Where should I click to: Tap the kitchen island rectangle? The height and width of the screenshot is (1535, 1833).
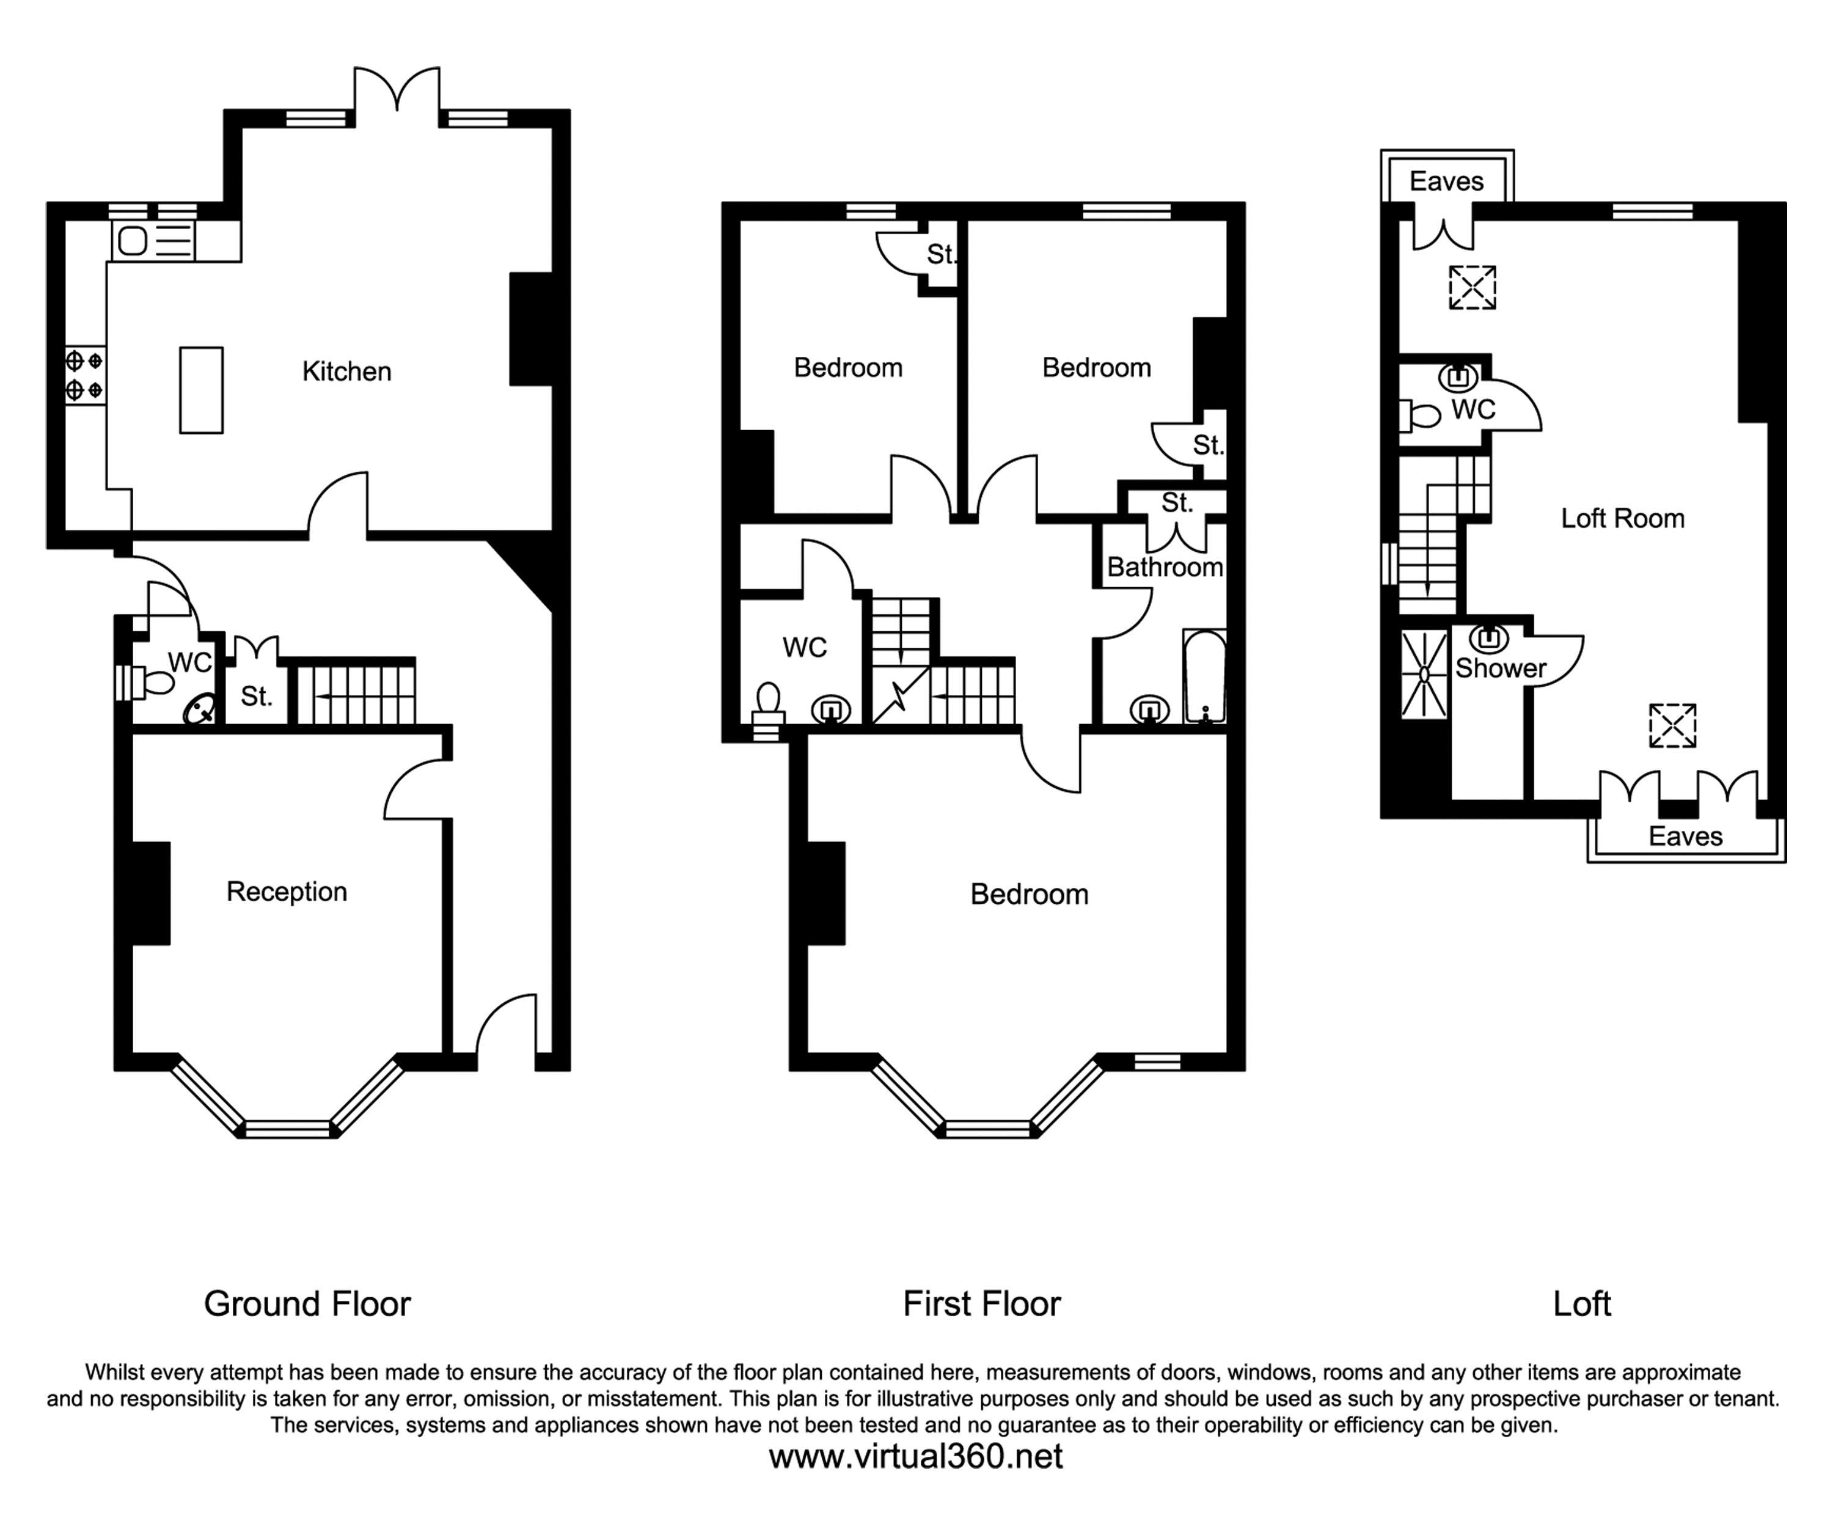[201, 390]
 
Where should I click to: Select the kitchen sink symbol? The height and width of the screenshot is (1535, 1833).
[134, 240]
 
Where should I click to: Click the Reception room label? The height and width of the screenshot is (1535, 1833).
[287, 892]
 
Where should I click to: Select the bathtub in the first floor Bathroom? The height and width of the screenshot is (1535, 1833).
[1204, 676]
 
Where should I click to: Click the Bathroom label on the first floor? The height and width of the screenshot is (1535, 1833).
[1165, 568]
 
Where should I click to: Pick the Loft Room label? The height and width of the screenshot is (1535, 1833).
[1622, 519]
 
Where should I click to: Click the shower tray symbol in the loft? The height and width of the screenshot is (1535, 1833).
[1424, 674]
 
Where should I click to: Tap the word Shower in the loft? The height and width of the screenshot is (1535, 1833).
[1501, 669]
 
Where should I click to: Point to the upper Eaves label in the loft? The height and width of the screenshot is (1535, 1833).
[1446, 181]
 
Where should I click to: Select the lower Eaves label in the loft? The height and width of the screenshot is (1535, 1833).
[1685, 837]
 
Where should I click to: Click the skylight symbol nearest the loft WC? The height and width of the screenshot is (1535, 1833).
[1473, 287]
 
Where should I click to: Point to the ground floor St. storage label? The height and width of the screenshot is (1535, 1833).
[257, 697]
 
